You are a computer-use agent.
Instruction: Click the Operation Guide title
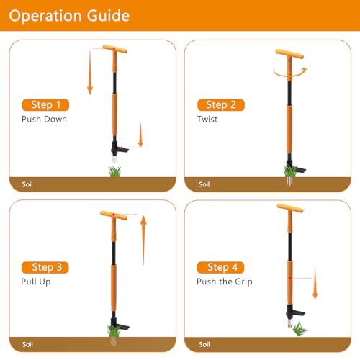tap(70, 15)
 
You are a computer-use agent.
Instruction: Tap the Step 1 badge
tap(46, 104)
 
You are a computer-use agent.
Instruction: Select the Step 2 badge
tap(220, 105)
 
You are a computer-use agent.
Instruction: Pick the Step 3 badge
tap(46, 267)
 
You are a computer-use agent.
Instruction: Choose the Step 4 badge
tap(220, 267)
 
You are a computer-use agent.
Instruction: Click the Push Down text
tap(44, 119)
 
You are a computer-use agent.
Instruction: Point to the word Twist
tap(207, 119)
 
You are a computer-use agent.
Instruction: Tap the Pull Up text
tap(36, 281)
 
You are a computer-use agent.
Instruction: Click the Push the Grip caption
tap(224, 281)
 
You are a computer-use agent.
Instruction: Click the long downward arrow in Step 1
tap(90, 72)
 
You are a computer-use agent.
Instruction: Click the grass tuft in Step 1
tap(114, 171)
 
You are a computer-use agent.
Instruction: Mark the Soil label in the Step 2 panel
tap(204, 184)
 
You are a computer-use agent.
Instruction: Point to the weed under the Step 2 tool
tap(289, 171)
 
